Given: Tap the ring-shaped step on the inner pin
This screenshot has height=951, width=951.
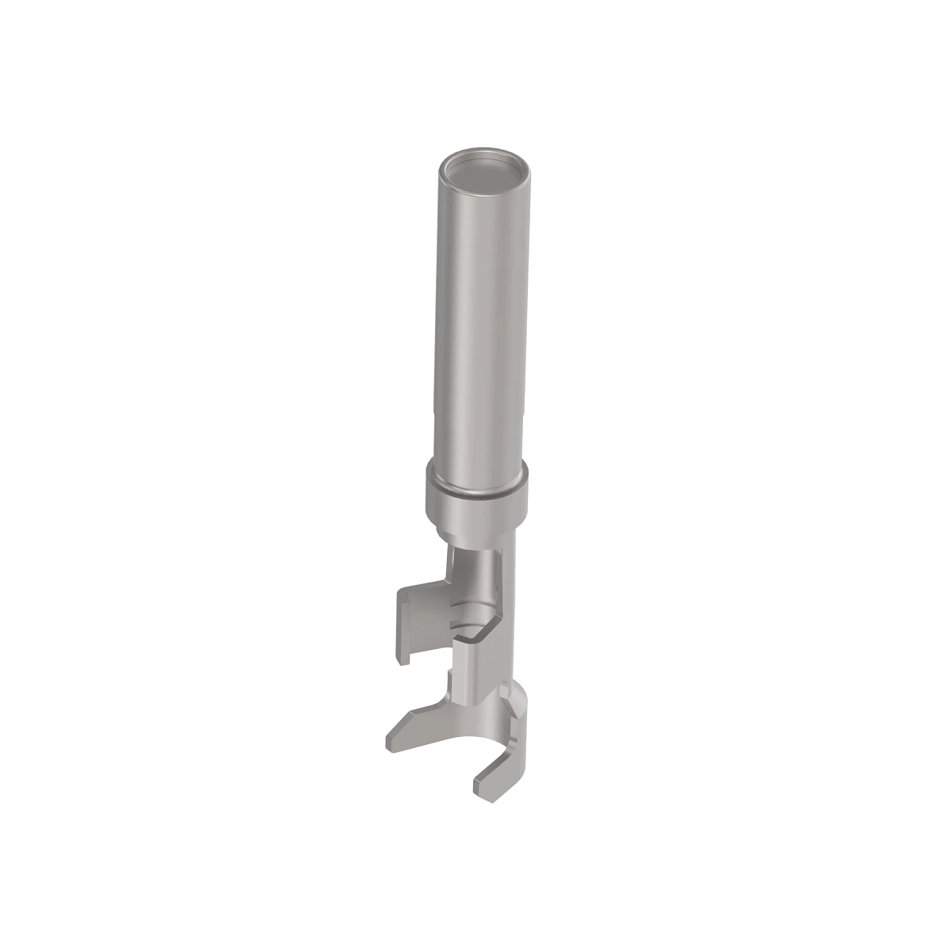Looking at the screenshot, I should (475, 615).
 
